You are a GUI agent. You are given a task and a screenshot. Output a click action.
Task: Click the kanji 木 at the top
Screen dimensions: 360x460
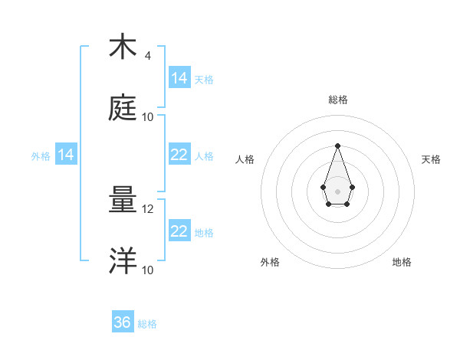(x=123, y=47)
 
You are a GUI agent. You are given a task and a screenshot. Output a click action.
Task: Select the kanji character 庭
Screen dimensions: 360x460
(x=123, y=108)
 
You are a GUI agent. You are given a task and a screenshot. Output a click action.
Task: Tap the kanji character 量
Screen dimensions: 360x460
(x=123, y=201)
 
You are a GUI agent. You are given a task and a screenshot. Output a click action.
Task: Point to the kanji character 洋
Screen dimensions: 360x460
(x=123, y=261)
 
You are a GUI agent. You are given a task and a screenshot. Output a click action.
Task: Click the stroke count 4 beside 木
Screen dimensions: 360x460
(x=147, y=56)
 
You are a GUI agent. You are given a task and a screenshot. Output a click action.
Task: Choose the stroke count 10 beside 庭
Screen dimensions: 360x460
(x=148, y=117)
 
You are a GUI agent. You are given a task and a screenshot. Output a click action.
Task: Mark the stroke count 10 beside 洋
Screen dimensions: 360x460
(x=148, y=270)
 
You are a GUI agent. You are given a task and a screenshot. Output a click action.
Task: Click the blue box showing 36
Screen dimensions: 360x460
(x=123, y=322)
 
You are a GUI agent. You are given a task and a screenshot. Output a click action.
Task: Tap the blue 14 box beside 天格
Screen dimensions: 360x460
(x=179, y=78)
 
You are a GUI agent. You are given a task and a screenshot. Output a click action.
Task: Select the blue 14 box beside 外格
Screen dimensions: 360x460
(x=66, y=155)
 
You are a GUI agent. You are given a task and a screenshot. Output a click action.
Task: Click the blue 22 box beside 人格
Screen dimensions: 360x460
(x=179, y=155)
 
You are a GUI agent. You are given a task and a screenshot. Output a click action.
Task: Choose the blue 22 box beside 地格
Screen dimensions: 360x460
(x=179, y=231)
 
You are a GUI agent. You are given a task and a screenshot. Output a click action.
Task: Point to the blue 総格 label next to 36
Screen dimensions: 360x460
(x=147, y=324)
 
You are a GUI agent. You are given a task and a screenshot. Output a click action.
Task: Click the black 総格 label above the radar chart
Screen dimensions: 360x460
(x=338, y=100)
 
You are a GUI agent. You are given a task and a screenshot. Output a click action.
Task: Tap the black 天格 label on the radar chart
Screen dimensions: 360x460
(x=432, y=159)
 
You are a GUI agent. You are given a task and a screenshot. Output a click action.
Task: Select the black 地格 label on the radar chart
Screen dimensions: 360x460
(x=402, y=262)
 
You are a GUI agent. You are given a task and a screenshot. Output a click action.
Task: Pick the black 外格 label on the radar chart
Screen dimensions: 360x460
(x=270, y=262)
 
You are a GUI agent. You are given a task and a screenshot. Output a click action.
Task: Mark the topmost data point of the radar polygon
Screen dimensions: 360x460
(x=337, y=146)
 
